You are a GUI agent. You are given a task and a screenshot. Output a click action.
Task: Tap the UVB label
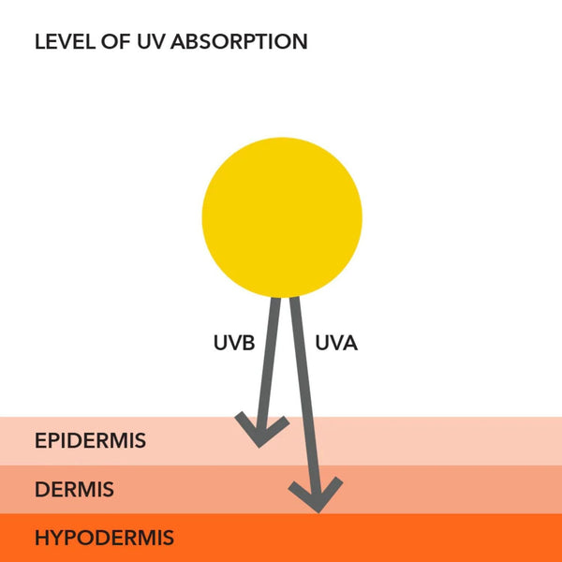coord(234,343)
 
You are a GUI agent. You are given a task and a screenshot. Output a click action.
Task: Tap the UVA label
coord(336,343)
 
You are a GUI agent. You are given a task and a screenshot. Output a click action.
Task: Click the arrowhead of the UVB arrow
coord(262,432)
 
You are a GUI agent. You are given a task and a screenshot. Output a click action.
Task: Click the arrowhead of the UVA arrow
coord(317,495)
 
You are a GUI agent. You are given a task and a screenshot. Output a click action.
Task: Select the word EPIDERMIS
coord(90,440)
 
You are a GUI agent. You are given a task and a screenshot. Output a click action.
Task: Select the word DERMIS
coord(74,489)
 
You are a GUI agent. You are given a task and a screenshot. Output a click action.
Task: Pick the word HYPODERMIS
coord(104,539)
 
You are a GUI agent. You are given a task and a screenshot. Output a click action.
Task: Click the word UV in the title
coord(157,42)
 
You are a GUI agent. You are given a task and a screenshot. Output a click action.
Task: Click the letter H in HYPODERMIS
coord(41,539)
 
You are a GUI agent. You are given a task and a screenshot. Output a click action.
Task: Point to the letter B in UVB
coord(247,343)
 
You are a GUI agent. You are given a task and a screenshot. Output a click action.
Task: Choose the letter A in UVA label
coord(349,343)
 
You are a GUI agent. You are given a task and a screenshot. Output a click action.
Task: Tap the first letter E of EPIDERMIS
coord(40,440)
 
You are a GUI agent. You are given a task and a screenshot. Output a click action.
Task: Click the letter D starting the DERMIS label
coord(41,489)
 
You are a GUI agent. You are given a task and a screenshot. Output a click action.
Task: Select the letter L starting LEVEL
coord(39,42)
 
